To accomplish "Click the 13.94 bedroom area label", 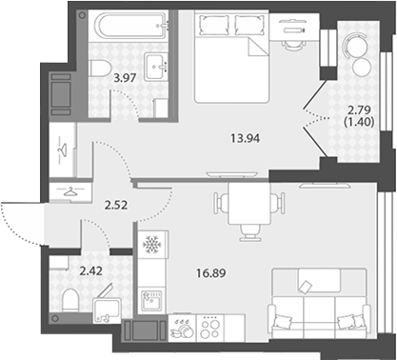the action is [x=246, y=138].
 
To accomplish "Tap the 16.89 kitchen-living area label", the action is [x=211, y=272].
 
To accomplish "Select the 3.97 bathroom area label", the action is [x=126, y=78].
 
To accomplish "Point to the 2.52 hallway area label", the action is [x=116, y=205].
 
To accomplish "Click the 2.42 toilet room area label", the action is [x=90, y=271].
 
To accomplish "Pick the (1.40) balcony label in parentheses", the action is [x=359, y=121].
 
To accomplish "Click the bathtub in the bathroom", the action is [x=133, y=26].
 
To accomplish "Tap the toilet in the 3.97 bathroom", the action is [x=100, y=69].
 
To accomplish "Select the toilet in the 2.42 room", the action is [x=70, y=300].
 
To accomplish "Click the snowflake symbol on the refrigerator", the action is [x=151, y=245].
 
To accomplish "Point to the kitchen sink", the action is [x=152, y=300].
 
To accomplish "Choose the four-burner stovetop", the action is [x=210, y=328].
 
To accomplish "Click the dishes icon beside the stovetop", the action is [x=182, y=329].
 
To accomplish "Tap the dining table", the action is [x=249, y=204].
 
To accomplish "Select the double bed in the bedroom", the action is [x=232, y=56].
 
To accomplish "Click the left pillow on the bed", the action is [x=213, y=26].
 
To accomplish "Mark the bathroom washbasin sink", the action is [x=156, y=67].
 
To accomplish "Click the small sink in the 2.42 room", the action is [x=106, y=310].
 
